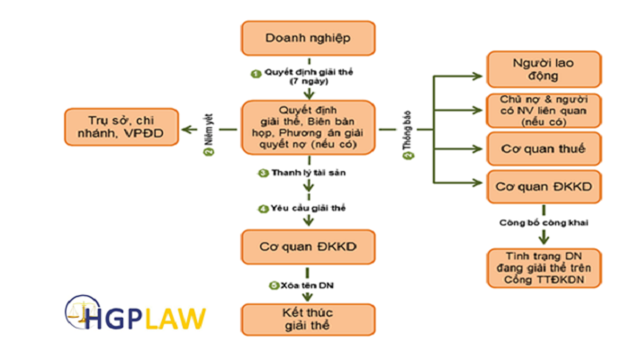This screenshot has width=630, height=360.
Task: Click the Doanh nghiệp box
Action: pyautogui.click(x=307, y=39)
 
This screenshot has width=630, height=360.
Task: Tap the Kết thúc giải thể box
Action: pyautogui.click(x=307, y=317)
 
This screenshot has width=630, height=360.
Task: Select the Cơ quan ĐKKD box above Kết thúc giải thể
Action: pyautogui.click(x=307, y=246)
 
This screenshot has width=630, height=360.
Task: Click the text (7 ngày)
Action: pyautogui.click(x=308, y=79)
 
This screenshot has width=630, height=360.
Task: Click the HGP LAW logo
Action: pyautogui.click(x=135, y=317)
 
